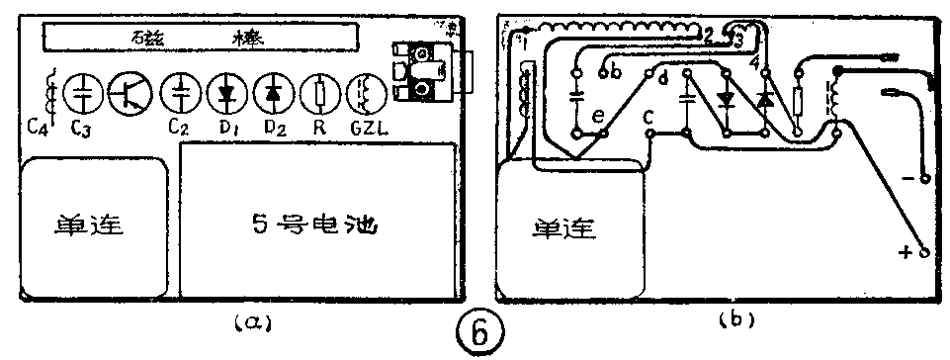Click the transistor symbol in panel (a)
130,93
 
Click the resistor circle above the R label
320,93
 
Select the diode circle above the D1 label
227,93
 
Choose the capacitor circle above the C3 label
83,93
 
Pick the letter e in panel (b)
597,117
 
